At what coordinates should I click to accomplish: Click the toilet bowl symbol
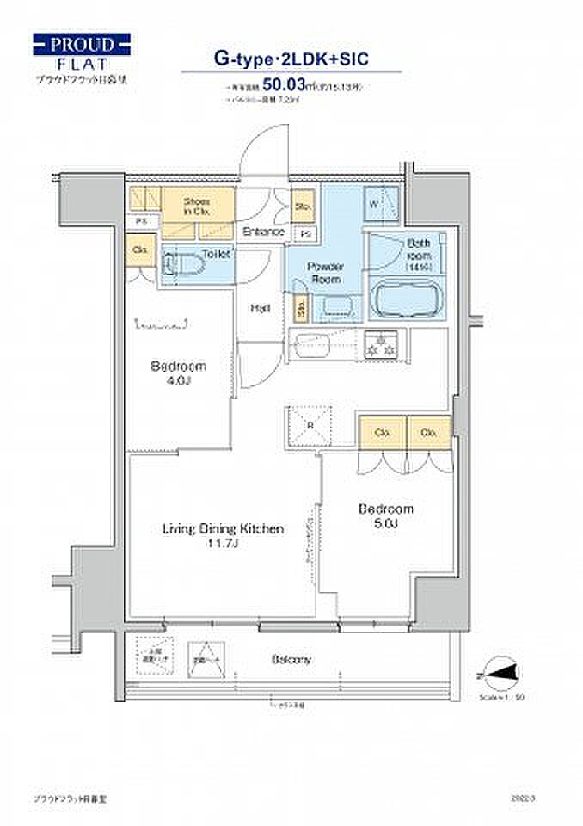175,262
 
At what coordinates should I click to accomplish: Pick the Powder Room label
326,273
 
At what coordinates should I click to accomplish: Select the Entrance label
263,231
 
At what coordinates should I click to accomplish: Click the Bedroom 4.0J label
178,373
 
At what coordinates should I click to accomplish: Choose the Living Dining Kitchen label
223,536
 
